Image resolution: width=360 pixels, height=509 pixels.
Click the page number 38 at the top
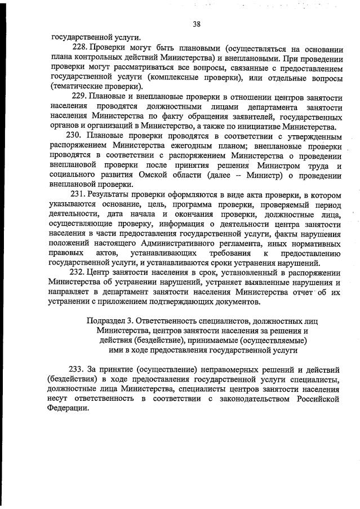196,23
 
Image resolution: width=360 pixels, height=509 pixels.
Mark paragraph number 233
77,369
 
